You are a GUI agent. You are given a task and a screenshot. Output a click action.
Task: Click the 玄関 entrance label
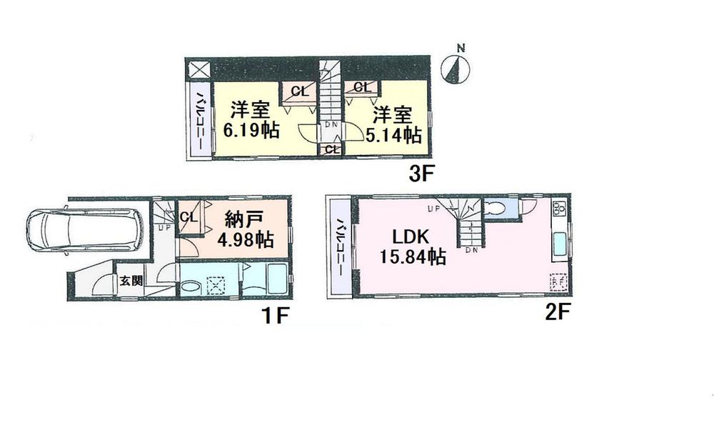[131, 281]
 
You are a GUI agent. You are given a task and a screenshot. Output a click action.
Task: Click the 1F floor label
[273, 314]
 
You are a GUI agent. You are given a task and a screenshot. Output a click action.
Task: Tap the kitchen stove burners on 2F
[558, 209]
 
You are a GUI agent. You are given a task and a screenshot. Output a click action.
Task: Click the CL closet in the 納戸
[188, 217]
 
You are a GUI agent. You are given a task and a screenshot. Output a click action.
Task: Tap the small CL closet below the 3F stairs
[330, 149]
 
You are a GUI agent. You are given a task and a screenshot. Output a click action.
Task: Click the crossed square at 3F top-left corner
[196, 69]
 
